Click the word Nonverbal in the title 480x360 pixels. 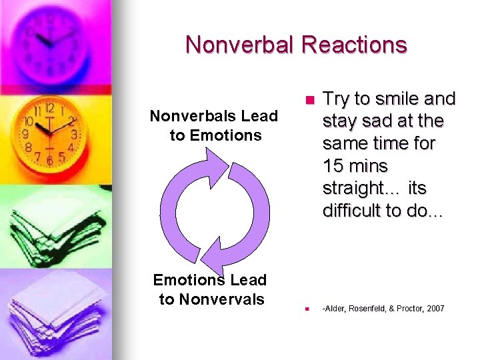240,45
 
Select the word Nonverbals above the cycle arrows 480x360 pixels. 189,116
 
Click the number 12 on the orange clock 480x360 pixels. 49,108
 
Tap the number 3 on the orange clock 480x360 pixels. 74,135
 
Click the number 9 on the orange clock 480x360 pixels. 26,133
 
